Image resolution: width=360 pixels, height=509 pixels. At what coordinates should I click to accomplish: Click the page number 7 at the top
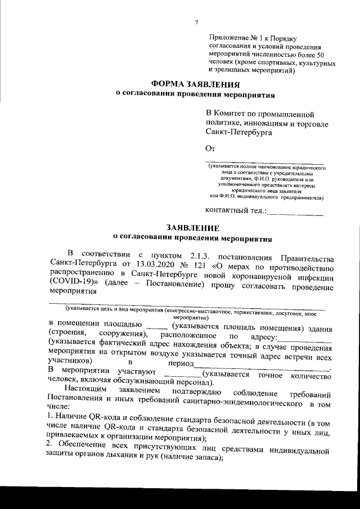pyautogui.click(x=196, y=22)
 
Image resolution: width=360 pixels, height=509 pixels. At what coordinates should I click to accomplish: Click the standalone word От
pyautogui.click(x=211, y=148)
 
